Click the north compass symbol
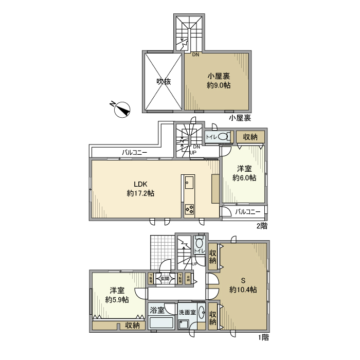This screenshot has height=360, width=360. click(x=122, y=109)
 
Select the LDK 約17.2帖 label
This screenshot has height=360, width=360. click(x=140, y=189)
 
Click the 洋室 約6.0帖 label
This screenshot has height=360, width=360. click(x=244, y=173)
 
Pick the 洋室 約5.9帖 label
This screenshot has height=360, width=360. click(x=117, y=295)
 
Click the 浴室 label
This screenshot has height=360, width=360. click(x=157, y=310)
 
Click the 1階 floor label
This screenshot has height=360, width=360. click(x=262, y=337)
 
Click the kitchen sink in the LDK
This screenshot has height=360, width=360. click(x=188, y=182)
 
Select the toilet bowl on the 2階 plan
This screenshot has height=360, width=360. click(x=223, y=137)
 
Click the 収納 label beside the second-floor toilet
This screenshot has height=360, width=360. click(x=250, y=137)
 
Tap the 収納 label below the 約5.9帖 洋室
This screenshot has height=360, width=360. click(x=132, y=326)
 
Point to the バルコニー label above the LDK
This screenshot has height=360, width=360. click(x=135, y=153)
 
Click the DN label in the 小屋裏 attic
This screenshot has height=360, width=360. click(x=195, y=55)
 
